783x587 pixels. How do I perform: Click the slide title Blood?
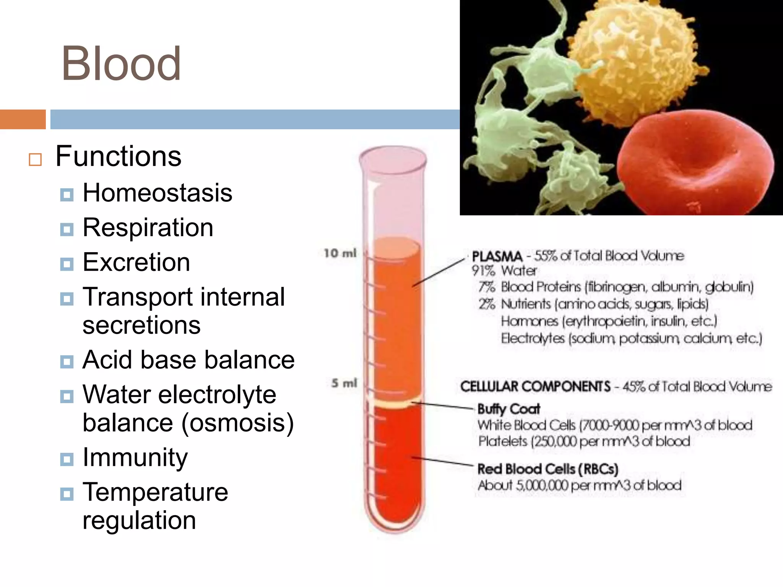[121, 63]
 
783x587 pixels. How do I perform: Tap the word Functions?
[118, 156]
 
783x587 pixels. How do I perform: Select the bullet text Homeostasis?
[157, 193]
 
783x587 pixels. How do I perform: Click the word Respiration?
[148, 228]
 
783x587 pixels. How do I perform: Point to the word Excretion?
[136, 263]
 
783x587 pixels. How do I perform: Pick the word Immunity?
[135, 457]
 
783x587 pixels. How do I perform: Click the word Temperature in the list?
[155, 492]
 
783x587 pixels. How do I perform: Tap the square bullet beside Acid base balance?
[67, 362]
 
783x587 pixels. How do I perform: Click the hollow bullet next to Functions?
[35, 159]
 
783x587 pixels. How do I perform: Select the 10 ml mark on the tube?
[340, 253]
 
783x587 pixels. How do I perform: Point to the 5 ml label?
[344, 383]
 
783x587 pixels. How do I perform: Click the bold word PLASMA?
[497, 256]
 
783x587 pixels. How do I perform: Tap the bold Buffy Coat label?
[508, 409]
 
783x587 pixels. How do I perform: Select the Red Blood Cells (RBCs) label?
[547, 469]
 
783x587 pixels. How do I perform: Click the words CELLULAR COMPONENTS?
[535, 386]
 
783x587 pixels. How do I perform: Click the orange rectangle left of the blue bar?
[23, 119]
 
